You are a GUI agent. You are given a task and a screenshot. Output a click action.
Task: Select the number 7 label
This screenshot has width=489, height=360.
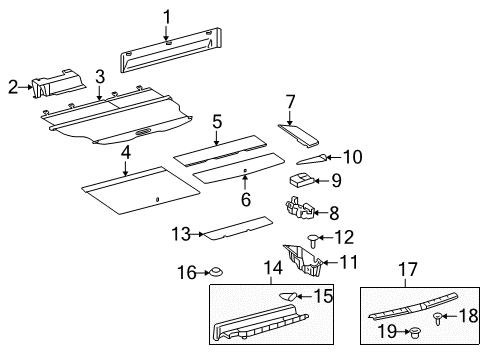pyautogui.click(x=290, y=101)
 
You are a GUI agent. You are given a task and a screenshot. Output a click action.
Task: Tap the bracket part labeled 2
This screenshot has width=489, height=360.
pyautogui.click(x=55, y=89)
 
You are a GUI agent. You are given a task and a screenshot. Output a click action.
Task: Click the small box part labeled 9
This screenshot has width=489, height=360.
pyautogui.click(x=299, y=181)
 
